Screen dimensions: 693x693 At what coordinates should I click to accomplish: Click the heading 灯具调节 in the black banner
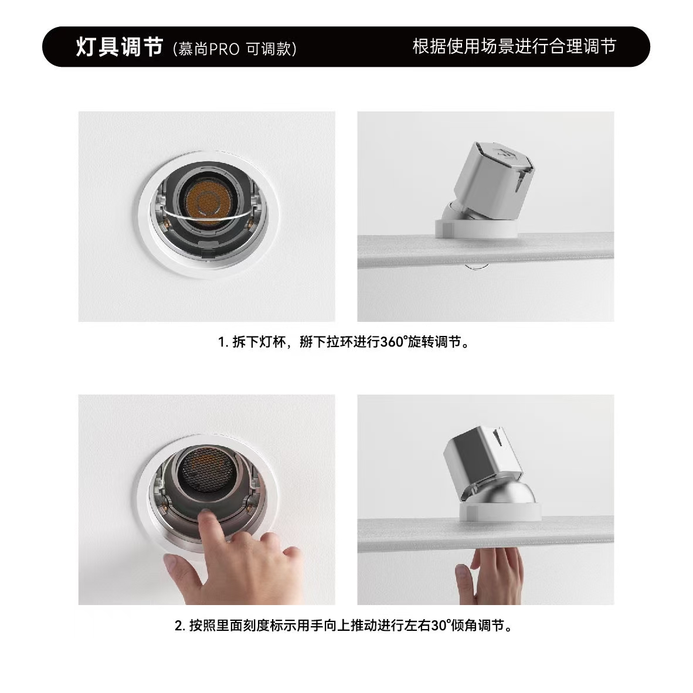click(x=120, y=47)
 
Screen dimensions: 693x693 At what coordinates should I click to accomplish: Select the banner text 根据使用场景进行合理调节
click(x=514, y=46)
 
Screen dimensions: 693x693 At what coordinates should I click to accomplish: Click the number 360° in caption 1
click(x=392, y=342)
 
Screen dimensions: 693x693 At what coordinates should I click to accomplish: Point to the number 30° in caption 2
click(x=441, y=626)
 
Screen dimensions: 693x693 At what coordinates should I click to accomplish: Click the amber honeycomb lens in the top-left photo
click(x=205, y=202)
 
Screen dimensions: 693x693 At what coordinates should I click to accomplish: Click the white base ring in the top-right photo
click(x=476, y=228)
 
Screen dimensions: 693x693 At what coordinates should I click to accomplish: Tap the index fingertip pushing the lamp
click(x=206, y=516)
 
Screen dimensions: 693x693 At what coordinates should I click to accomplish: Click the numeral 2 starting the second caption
click(x=179, y=626)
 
